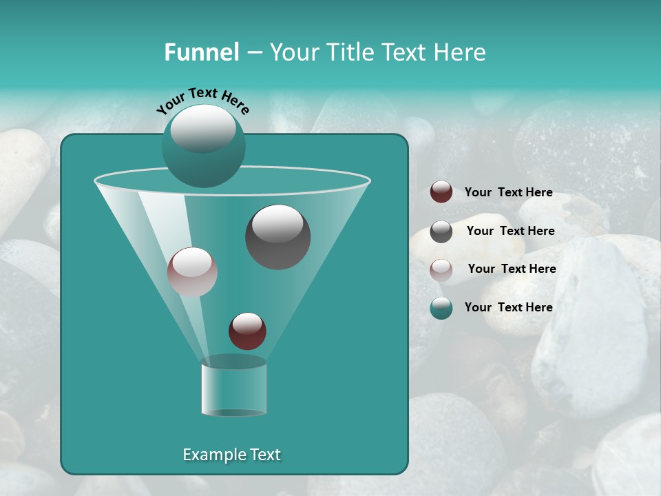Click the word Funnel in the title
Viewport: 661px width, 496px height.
click(x=201, y=52)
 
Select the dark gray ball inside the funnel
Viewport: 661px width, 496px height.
click(x=277, y=238)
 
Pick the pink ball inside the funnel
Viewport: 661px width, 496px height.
click(x=192, y=272)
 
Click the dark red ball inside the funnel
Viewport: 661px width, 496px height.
click(x=247, y=331)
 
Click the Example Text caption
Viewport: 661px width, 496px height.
click(x=231, y=455)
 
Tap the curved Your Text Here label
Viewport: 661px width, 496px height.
click(x=203, y=100)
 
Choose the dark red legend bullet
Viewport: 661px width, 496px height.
click(x=441, y=192)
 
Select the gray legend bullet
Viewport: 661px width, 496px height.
click(x=441, y=231)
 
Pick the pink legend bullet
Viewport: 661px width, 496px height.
click(x=441, y=269)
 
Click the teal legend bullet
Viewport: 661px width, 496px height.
click(x=441, y=308)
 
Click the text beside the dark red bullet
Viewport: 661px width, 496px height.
click(x=508, y=192)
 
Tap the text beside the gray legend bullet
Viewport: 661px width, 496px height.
click(x=510, y=231)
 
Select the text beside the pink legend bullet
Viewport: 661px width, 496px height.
click(x=512, y=269)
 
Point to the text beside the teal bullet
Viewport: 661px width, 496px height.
click(x=508, y=307)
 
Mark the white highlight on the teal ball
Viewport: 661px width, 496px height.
click(x=202, y=128)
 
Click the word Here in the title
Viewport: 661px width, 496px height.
click(x=461, y=52)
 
